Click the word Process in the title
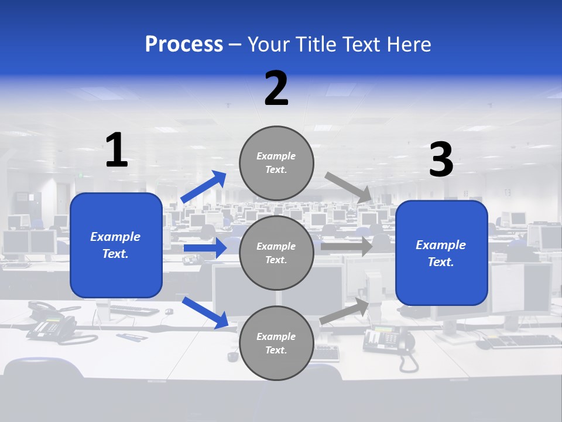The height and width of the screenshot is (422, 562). point(184,45)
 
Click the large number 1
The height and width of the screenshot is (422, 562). point(116,151)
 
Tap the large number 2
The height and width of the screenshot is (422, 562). point(276,89)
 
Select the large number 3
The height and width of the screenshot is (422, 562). point(441,160)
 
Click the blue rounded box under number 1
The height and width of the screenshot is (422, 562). point(116,245)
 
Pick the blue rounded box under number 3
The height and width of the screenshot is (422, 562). point(441,253)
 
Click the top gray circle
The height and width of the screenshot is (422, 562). point(276,163)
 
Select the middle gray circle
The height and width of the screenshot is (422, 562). point(276,253)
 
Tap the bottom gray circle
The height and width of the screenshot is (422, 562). point(276,343)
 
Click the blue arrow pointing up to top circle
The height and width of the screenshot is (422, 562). point(204,187)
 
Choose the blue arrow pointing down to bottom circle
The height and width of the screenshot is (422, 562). point(205,312)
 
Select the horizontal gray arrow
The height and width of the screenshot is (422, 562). point(346,247)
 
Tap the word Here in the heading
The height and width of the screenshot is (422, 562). point(410,45)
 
